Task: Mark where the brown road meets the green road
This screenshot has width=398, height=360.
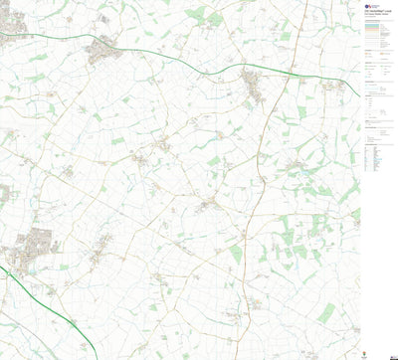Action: tap(272, 69)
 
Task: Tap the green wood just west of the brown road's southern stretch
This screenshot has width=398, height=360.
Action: tap(236, 254)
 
